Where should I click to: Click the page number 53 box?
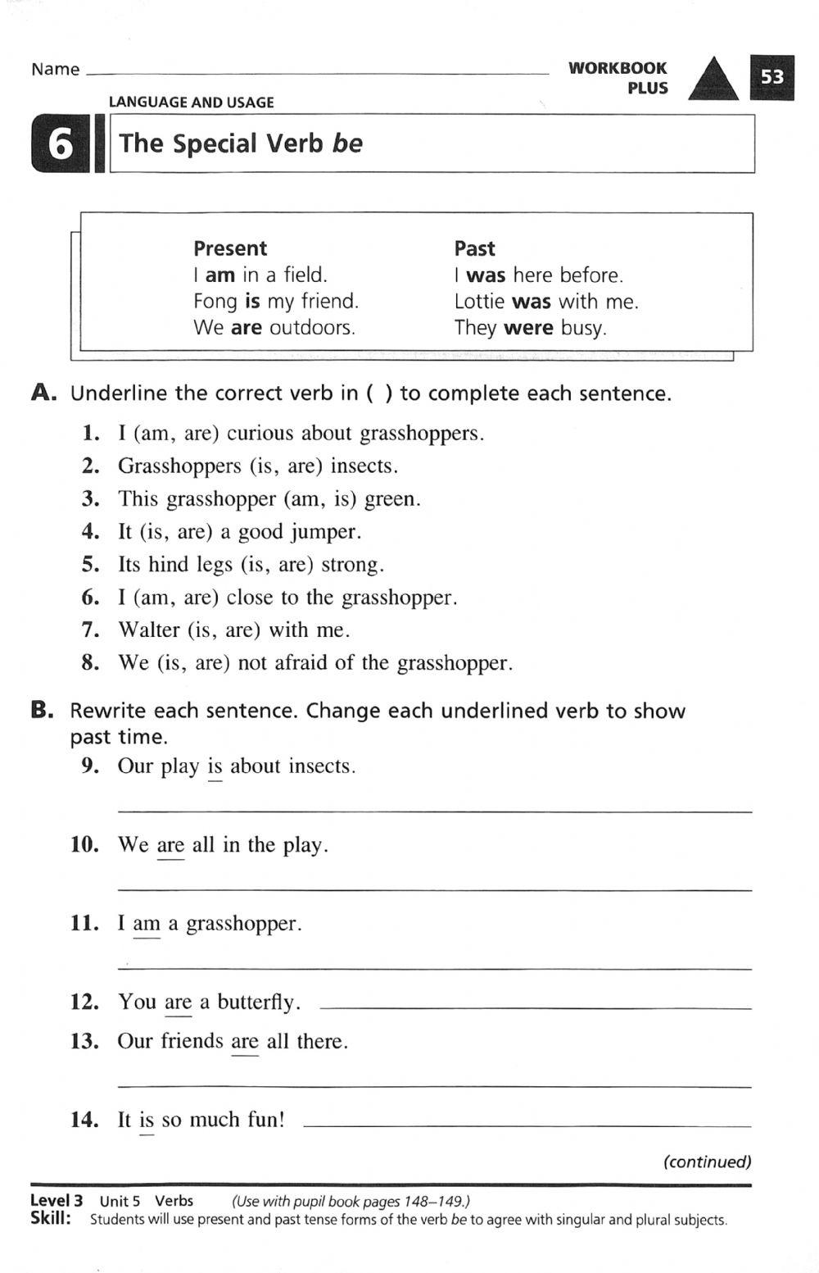click(x=771, y=77)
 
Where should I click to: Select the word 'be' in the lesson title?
click(x=347, y=143)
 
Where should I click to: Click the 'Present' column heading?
click(x=230, y=248)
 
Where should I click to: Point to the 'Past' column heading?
click(x=474, y=248)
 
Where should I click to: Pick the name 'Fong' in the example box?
click(x=215, y=302)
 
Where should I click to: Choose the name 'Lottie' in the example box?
click(x=479, y=302)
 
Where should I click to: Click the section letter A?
click(x=43, y=393)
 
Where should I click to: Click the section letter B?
click(x=43, y=711)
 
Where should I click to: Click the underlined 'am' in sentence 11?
click(x=147, y=924)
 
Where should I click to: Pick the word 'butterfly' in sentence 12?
click(x=258, y=1002)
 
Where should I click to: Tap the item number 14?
click(x=84, y=1120)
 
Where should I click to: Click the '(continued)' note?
click(x=707, y=1162)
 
